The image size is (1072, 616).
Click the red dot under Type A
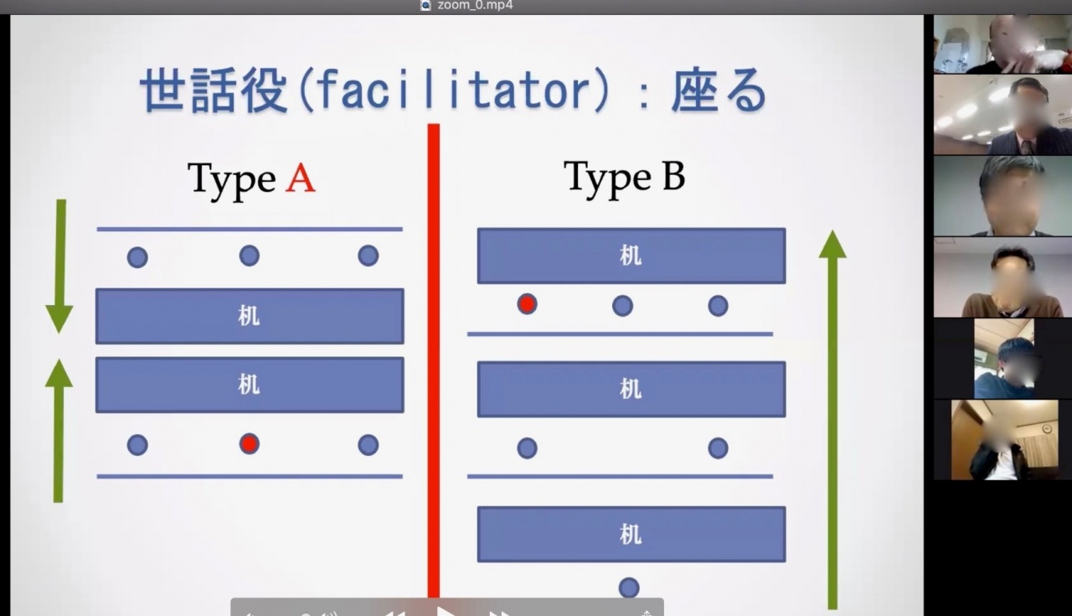click(250, 444)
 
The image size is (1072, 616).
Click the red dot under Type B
click(527, 304)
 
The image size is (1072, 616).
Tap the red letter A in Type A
click(300, 179)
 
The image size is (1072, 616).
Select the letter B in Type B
click(673, 176)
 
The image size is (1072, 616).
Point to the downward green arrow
click(59, 266)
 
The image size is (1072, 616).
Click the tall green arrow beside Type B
click(832, 420)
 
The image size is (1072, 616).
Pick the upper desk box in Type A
click(250, 316)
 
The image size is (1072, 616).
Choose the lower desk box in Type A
click(250, 385)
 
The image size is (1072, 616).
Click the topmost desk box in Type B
click(631, 256)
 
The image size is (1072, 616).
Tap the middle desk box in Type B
click(631, 390)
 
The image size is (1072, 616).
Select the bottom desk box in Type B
click(631, 534)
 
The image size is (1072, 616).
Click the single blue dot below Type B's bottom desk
click(629, 588)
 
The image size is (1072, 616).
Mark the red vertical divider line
click(434, 360)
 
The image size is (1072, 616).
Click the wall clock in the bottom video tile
click(1047, 429)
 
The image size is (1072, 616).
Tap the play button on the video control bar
click(446, 611)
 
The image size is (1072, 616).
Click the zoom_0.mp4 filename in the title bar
click(475, 6)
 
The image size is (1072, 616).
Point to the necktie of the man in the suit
click(1027, 147)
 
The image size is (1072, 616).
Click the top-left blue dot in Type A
click(137, 257)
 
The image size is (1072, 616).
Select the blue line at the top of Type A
click(250, 229)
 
